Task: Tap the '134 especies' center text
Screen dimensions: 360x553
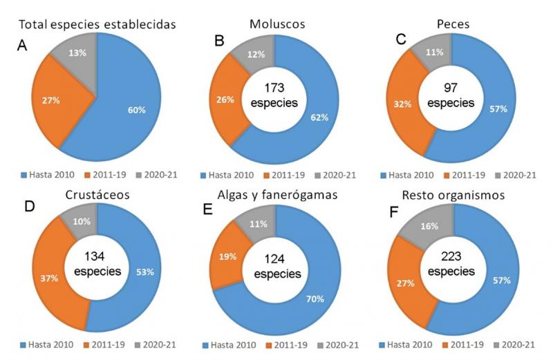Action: [97, 263]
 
